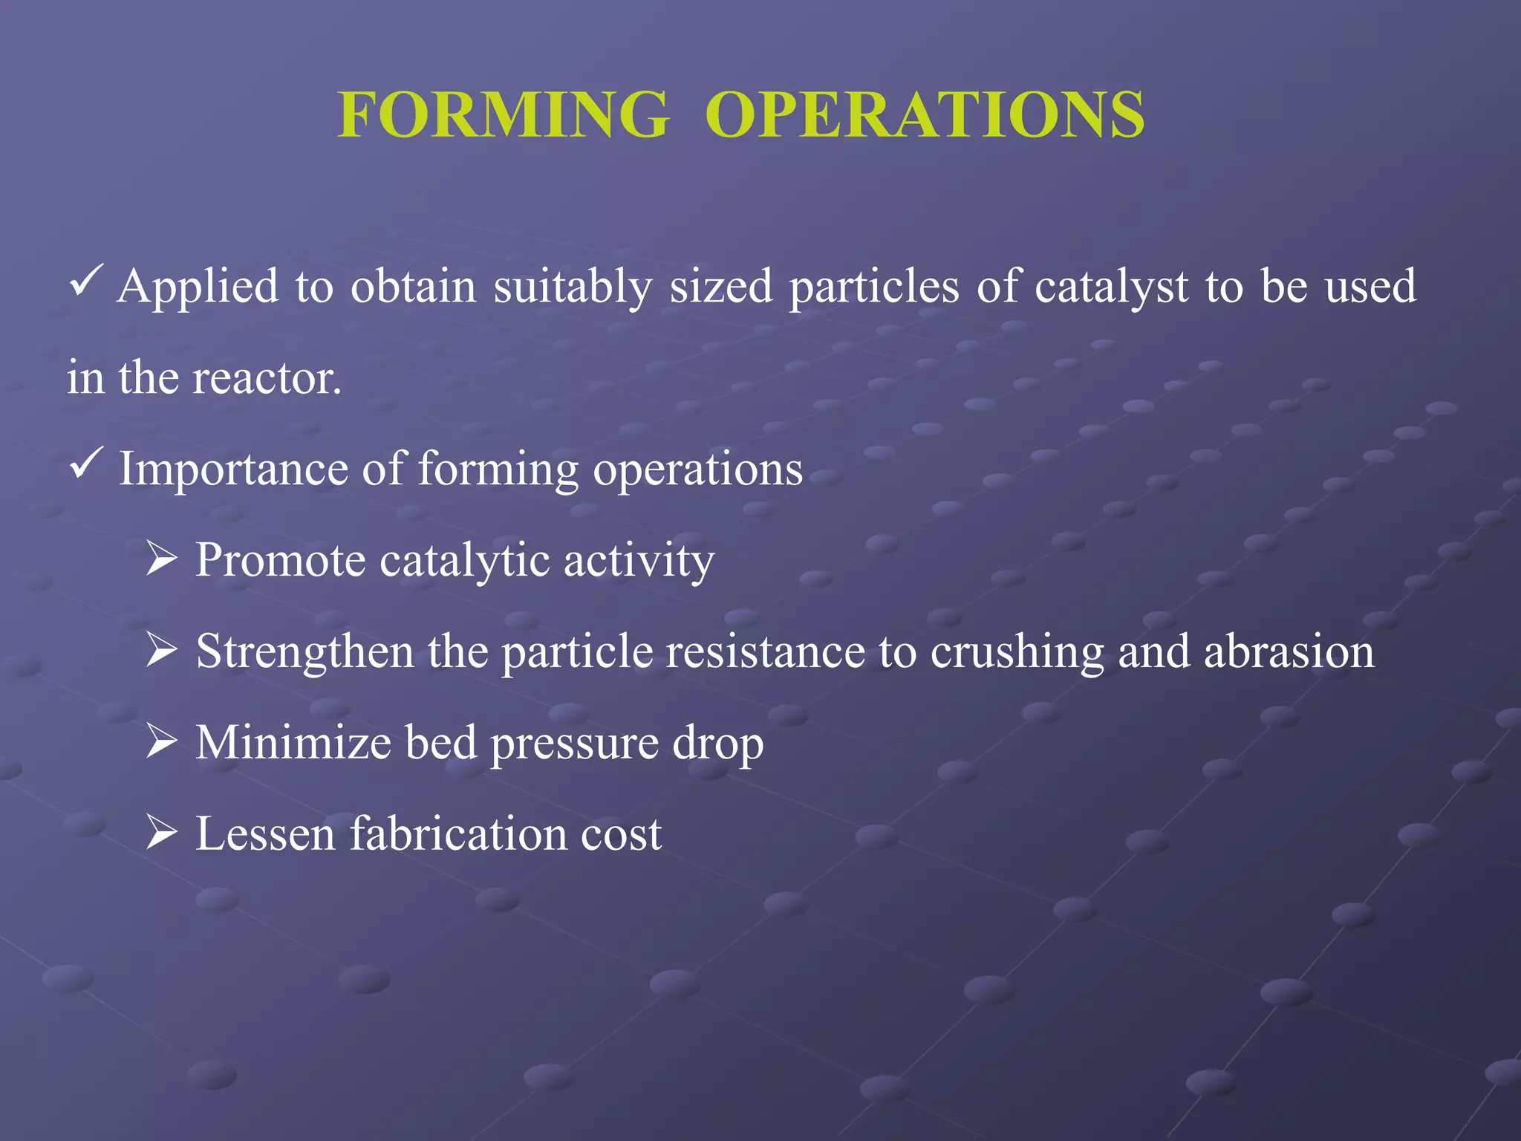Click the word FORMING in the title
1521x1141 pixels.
click(x=503, y=114)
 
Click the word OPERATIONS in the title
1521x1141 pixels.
click(x=925, y=114)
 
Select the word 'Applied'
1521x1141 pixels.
click(x=198, y=287)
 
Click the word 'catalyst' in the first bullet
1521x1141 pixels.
click(x=1111, y=287)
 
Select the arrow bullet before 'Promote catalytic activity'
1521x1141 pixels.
click(x=161, y=559)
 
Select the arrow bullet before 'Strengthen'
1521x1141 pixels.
click(x=161, y=650)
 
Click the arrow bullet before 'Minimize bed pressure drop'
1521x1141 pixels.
click(x=161, y=741)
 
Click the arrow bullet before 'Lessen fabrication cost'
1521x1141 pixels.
click(x=161, y=832)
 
